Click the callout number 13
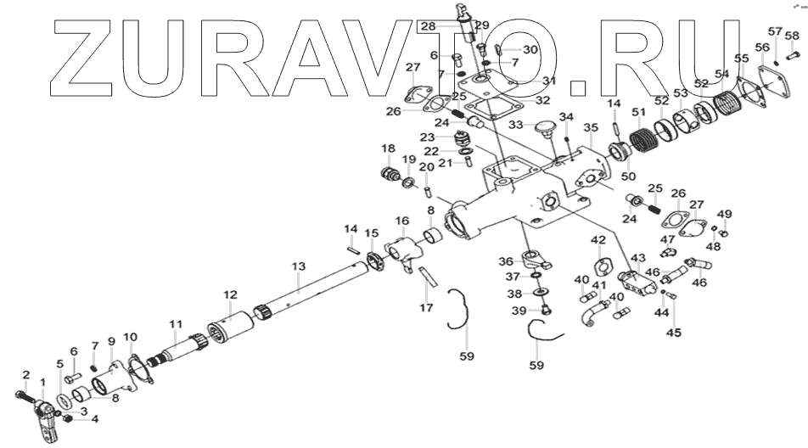pyautogui.click(x=297, y=267)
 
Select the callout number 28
pyautogui.click(x=427, y=27)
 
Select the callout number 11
pyautogui.click(x=176, y=323)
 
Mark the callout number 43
pyautogui.click(x=637, y=257)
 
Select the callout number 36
pyautogui.click(x=506, y=262)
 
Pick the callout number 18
pyautogui.click(x=388, y=150)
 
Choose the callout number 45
pyautogui.click(x=673, y=333)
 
